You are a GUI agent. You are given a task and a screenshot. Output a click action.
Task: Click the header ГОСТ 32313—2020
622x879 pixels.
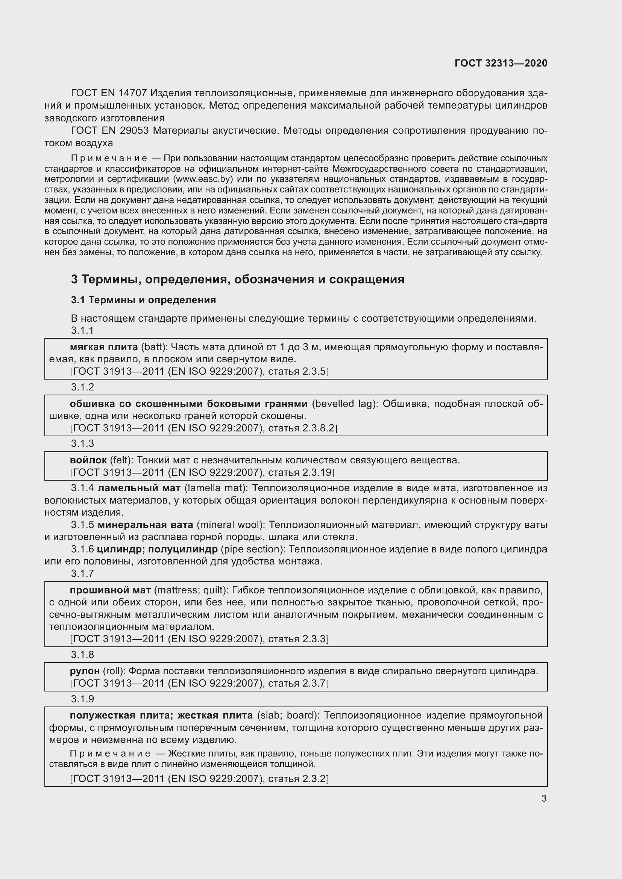[x=501, y=63]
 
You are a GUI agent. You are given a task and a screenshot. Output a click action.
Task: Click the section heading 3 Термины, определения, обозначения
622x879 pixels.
[x=237, y=280]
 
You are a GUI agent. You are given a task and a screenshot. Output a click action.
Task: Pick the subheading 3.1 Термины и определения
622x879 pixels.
[x=143, y=300]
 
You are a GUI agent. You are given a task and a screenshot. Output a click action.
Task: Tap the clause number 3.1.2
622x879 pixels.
[x=82, y=387]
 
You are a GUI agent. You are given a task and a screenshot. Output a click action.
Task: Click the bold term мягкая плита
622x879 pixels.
[x=104, y=347]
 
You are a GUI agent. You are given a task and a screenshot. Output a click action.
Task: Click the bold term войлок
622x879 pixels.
[x=88, y=460]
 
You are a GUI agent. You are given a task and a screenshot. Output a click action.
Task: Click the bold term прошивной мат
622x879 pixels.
[x=110, y=590]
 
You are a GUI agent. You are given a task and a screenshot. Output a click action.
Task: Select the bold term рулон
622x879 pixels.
[x=85, y=671]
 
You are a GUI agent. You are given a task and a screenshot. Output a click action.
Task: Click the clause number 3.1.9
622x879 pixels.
[x=82, y=699]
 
